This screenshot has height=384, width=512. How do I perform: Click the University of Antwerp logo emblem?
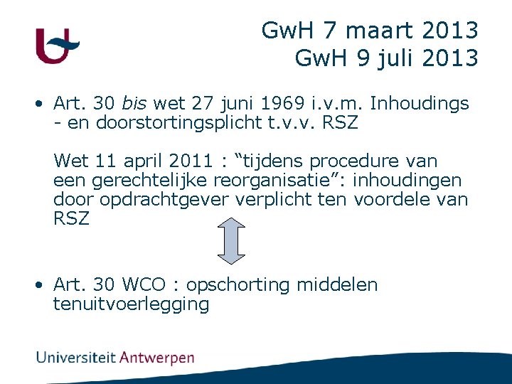(x=56, y=46)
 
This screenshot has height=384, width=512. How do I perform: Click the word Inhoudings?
(x=420, y=104)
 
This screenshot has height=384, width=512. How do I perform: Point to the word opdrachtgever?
(x=165, y=200)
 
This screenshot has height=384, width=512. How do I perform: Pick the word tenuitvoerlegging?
(x=131, y=304)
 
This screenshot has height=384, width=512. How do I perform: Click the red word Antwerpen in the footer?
(x=156, y=358)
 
